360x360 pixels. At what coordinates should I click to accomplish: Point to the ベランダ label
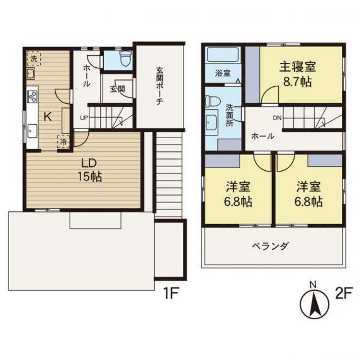tap(271, 246)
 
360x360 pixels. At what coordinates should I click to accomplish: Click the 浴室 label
tap(222, 74)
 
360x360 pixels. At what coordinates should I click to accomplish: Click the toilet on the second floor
tap(210, 101)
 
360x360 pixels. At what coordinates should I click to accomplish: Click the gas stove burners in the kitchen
tap(33, 96)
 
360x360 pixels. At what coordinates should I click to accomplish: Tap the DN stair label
tap(276, 117)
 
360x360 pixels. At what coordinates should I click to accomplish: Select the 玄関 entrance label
tap(114, 89)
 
